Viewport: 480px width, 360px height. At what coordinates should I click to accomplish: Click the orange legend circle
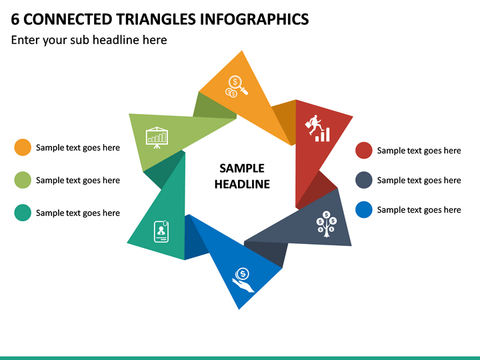point(23,147)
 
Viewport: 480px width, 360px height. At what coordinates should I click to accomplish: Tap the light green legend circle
point(23,180)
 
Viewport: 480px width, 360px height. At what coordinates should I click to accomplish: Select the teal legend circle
point(23,213)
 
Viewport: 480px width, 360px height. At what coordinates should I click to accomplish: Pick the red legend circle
point(364,150)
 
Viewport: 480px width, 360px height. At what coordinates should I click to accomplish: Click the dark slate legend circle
point(364,180)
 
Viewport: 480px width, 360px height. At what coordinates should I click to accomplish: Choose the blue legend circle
point(364,210)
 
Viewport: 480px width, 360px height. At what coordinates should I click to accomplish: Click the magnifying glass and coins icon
point(236,87)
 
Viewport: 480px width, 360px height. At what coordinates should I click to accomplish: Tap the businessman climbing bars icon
point(318,129)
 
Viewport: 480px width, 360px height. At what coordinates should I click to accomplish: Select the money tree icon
point(327,224)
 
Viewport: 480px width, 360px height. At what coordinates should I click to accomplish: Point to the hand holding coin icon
point(243,280)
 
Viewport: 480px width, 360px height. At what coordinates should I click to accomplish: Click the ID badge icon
point(161,231)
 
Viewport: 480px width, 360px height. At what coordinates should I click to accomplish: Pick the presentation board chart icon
point(157,137)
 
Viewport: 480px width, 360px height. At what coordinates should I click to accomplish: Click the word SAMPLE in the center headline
point(242,169)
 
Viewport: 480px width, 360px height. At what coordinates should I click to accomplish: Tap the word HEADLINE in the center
point(242,184)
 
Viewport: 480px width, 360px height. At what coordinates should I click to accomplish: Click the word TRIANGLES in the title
point(156,19)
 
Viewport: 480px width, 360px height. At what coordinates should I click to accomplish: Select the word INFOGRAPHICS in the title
point(255,19)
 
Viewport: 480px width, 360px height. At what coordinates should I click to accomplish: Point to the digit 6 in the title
point(15,19)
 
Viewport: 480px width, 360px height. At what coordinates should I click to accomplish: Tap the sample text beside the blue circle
point(419,210)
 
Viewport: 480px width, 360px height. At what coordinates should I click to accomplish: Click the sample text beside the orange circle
point(78,147)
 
